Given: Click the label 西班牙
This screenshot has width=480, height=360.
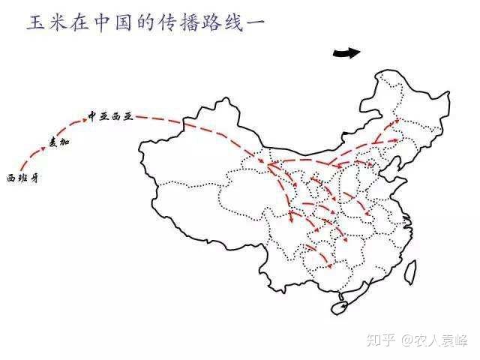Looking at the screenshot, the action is [x=22, y=178].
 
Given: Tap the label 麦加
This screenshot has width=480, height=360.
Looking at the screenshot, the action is [x=58, y=142].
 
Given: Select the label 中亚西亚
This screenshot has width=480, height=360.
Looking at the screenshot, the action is [x=109, y=117].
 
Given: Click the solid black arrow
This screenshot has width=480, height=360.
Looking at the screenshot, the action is [x=346, y=52].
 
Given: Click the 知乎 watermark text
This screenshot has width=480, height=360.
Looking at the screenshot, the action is [x=382, y=339].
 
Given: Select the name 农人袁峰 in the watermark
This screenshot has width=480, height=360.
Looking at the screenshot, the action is [x=443, y=339].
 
